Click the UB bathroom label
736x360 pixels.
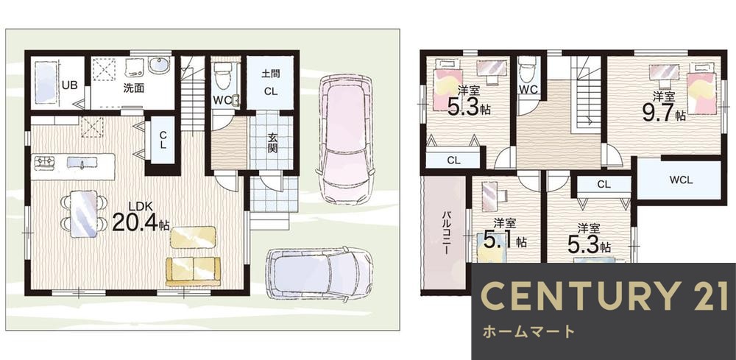[x=69, y=85]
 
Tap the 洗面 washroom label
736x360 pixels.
[x=132, y=88]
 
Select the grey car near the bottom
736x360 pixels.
[x=319, y=273]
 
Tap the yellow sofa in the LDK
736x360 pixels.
[x=192, y=270]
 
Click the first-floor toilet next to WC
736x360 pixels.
[x=223, y=76]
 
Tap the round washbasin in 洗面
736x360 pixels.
[x=159, y=66]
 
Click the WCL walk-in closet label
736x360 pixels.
[x=681, y=180]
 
